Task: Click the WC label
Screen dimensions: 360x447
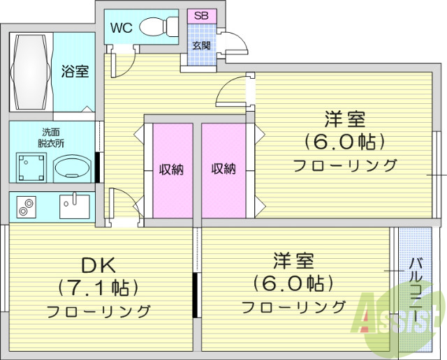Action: pos(121,29)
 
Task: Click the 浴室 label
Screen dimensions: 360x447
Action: pos(75,71)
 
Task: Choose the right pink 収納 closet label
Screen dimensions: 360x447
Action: pos(223,169)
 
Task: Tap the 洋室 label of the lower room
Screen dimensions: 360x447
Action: pos(293,262)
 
